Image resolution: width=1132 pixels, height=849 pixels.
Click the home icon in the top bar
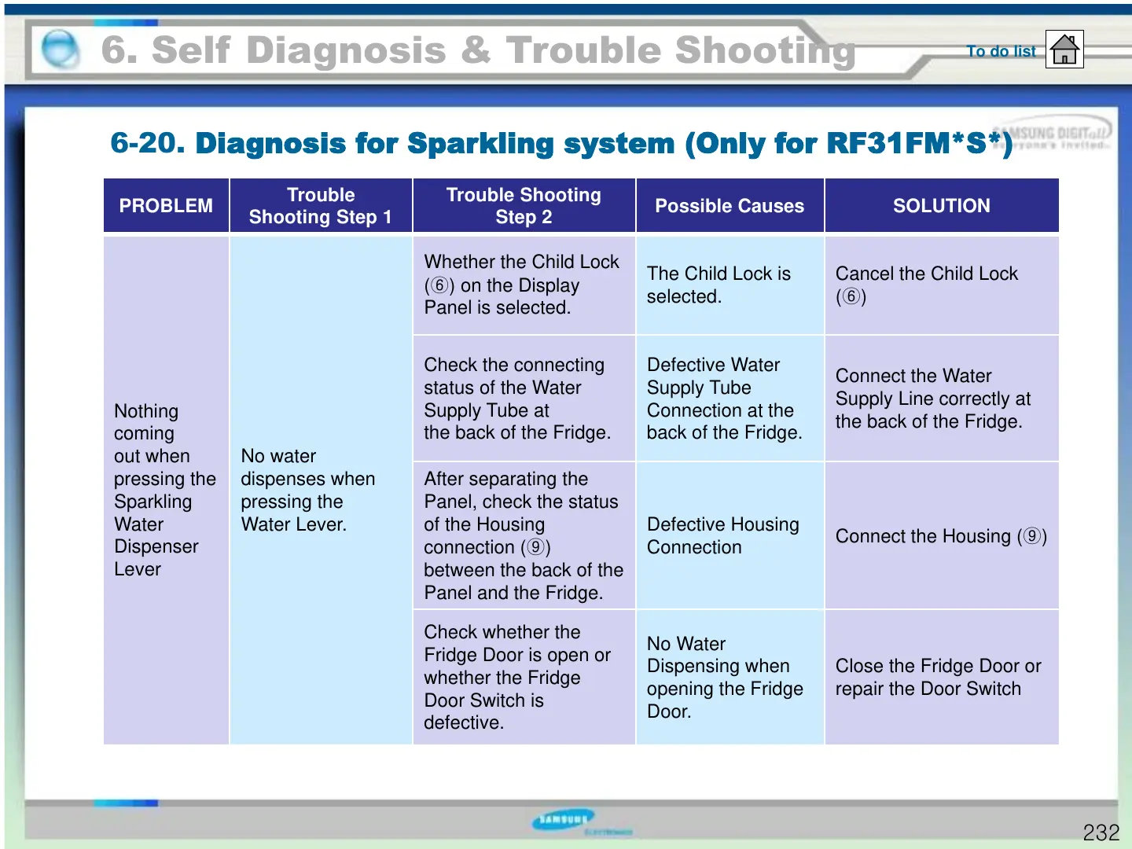pos(1064,50)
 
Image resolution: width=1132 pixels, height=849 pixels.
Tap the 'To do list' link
pos(1001,51)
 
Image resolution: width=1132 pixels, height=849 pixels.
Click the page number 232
pos(1101,832)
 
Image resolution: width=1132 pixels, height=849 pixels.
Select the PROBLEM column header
pos(166,206)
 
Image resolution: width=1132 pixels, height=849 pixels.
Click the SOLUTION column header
pos(941,206)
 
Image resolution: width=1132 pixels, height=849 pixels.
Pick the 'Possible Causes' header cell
pos(730,206)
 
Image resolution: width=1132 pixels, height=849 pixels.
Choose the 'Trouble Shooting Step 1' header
pos(321,206)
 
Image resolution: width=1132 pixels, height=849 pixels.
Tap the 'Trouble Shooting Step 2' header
pos(524,206)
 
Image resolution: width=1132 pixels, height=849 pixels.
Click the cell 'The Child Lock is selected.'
pos(719,285)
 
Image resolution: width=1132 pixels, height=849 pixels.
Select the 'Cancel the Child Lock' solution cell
pos(926,285)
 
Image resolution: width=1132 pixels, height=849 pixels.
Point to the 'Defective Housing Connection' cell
pos(722,535)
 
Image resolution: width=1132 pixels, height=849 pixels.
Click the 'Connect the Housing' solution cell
pos(940,536)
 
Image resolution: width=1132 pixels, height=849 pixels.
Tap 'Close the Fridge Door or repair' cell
pos(938,677)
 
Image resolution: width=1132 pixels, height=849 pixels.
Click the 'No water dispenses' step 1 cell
pos(307,490)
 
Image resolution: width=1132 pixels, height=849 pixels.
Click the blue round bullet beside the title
pos(60,50)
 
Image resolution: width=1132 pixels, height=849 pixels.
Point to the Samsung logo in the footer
pos(564,820)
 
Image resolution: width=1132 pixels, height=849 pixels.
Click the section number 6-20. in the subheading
pos(147,143)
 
